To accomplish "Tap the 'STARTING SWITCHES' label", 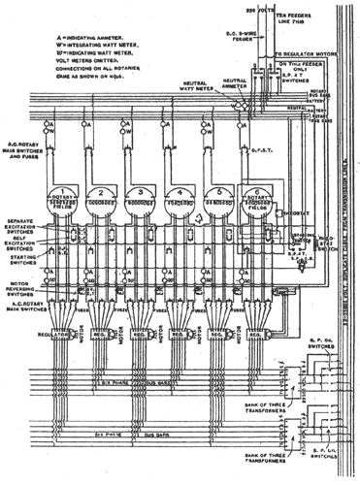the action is [x=24, y=261].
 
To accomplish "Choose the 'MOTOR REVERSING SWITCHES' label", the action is [x=26, y=288].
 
